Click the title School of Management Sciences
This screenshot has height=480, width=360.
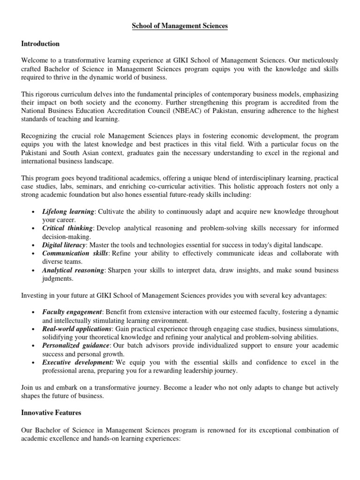tap(180, 26)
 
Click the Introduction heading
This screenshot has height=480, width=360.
tap(40, 44)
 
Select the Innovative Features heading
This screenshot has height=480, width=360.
tap(51, 412)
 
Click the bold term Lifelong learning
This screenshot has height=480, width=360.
tap(67, 211)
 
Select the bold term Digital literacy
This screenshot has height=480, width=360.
tap(64, 245)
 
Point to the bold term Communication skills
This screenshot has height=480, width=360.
tap(75, 254)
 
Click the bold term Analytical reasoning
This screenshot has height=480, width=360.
tap(73, 270)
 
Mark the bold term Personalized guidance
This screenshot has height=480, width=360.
tap(75, 345)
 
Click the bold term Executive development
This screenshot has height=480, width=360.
tap(77, 362)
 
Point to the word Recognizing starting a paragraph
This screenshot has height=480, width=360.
tap(40, 136)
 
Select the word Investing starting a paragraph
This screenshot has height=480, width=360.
tap(34, 295)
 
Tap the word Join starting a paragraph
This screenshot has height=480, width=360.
tap(27, 388)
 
